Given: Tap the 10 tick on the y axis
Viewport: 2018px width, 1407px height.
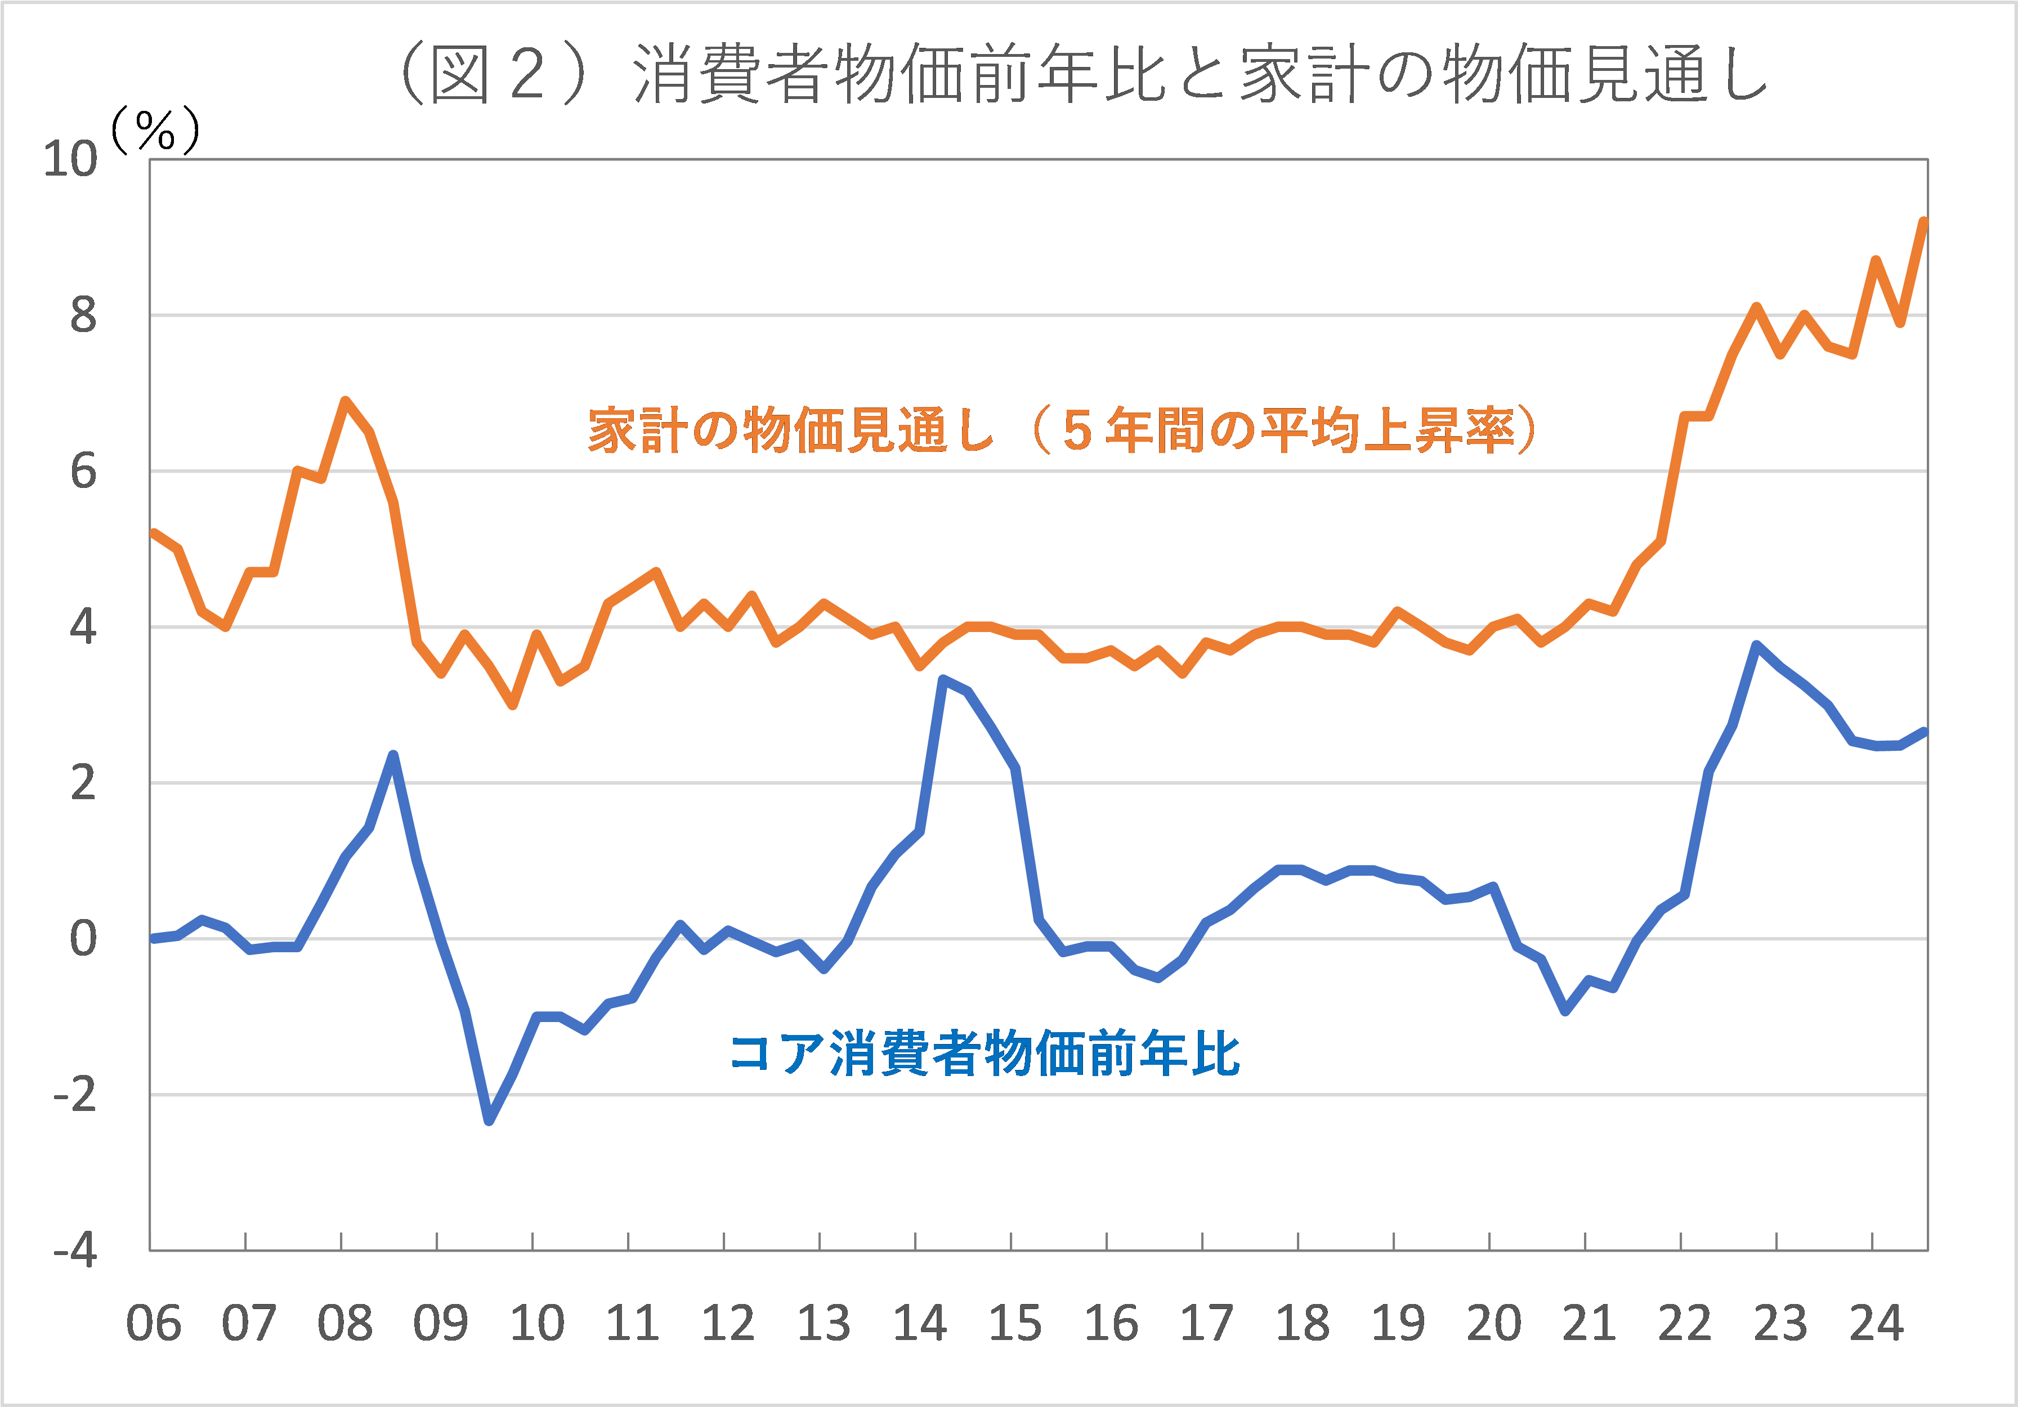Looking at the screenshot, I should pos(70,160).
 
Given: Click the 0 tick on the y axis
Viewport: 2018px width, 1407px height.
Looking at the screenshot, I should pos(83,939).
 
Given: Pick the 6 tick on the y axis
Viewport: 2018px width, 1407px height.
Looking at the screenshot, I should pos(83,472).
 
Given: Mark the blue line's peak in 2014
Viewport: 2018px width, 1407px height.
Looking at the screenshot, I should pos(942,679).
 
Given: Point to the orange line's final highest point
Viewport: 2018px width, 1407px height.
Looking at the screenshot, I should pos(1924,222).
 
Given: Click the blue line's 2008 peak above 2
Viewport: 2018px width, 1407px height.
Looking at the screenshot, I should pos(393,755).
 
